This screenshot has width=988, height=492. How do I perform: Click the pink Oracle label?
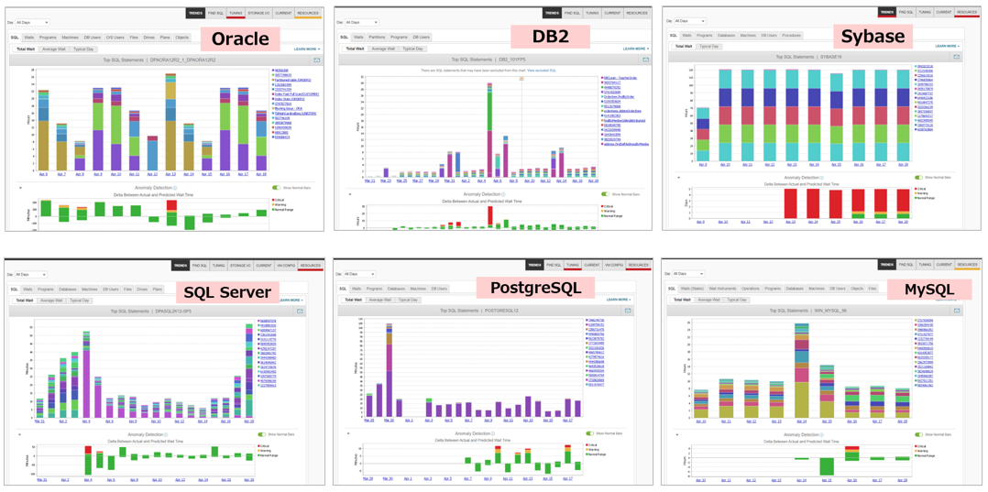click(x=240, y=38)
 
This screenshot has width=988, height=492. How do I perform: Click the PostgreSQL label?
click(x=536, y=288)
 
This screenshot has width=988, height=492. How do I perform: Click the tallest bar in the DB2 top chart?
click(x=489, y=128)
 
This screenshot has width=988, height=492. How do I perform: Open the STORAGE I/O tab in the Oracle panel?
click(x=258, y=14)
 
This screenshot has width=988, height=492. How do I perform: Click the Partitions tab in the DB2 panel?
click(x=377, y=38)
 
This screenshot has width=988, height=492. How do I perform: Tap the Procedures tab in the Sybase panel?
click(x=791, y=36)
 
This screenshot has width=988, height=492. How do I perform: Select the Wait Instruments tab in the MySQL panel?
click(x=721, y=289)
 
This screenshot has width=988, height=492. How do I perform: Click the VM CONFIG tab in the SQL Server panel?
click(x=286, y=266)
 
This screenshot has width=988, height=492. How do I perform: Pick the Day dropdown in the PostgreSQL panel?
click(x=358, y=274)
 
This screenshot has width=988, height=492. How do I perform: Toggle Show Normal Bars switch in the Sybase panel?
click(x=917, y=178)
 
